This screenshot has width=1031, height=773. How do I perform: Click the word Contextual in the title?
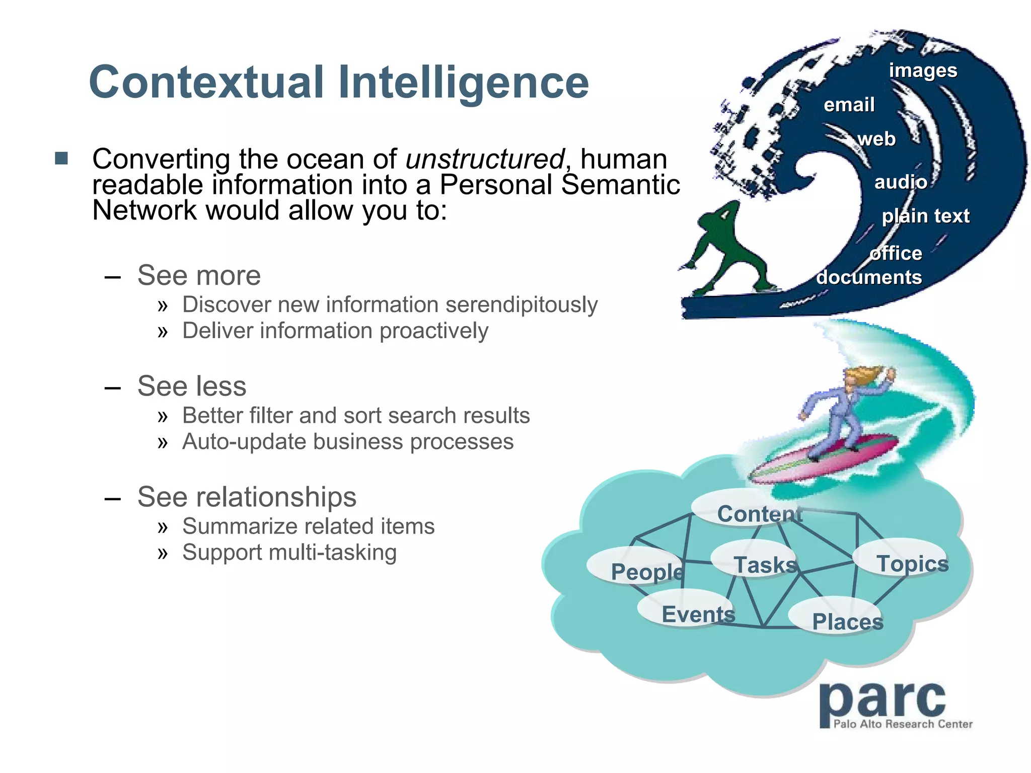coord(206,82)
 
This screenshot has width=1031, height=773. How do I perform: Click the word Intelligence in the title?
coord(463,82)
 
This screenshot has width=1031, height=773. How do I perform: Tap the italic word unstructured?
coord(485,159)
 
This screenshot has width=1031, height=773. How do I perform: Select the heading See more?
coord(199,275)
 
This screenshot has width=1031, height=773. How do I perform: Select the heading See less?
coord(192,386)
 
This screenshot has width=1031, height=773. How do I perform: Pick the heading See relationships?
coord(247,497)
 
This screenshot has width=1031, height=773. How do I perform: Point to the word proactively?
coord(434,331)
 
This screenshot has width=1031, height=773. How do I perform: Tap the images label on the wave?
coord(923,70)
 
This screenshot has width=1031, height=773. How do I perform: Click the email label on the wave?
coord(849,105)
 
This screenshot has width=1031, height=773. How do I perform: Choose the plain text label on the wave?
coord(925,216)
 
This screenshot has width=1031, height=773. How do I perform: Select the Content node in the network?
coord(759,513)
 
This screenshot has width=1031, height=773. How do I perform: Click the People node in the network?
coord(647,571)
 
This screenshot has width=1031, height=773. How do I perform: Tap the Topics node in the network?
coord(912,563)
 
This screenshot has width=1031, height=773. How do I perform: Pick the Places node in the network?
coord(848,622)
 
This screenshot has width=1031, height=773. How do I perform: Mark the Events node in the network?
coord(698,614)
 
